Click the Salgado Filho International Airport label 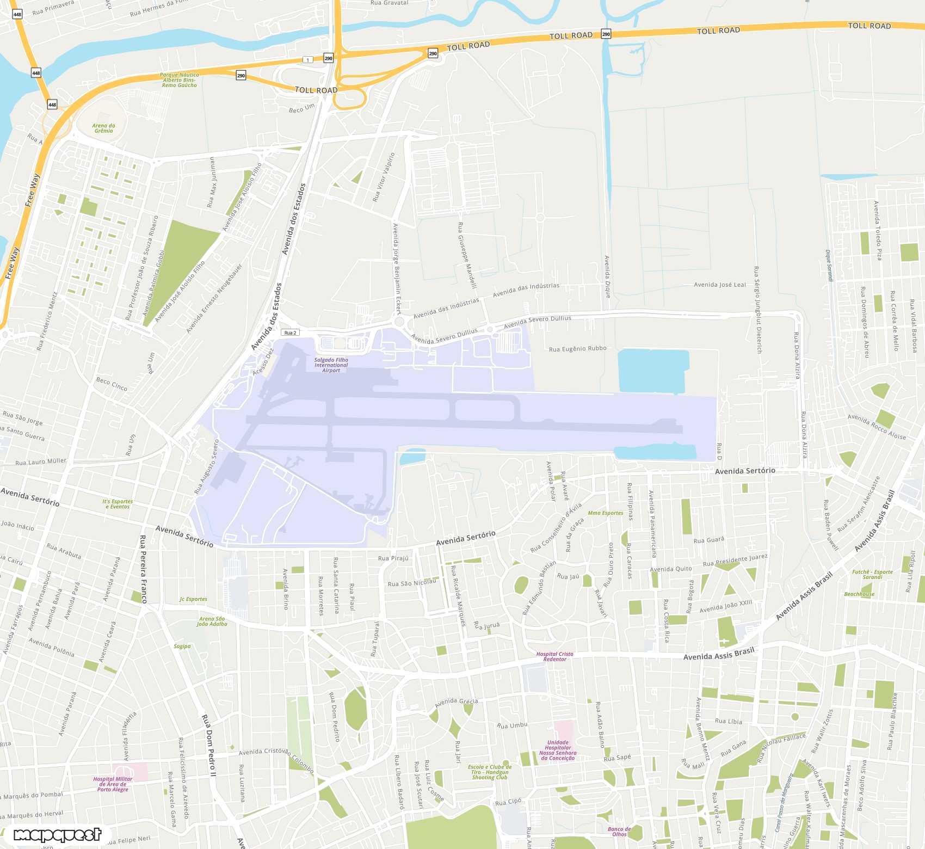331,365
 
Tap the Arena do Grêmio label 103,128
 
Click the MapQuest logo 57,835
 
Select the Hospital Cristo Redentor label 554,657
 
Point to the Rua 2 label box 291,333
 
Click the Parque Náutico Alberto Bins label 180,80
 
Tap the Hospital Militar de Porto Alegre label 113,784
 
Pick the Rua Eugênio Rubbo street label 577,349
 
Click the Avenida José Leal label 720,285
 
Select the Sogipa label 182,647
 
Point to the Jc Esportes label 193,599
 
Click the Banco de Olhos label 619,832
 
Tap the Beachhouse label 859,594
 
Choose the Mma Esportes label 606,513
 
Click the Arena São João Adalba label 212,622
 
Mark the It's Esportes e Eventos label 118,504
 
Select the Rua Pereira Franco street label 143,569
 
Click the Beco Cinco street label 112,384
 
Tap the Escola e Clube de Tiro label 490,772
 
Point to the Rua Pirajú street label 393,558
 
